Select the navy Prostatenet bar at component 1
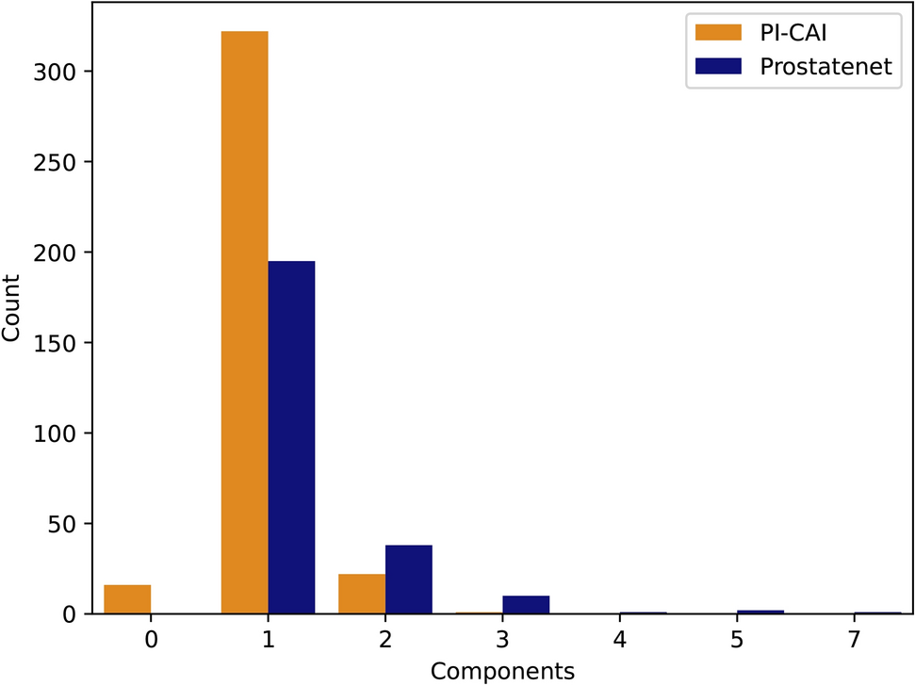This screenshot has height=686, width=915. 291,437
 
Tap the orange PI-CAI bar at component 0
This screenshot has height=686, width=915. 127,599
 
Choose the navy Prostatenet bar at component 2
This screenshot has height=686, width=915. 409,580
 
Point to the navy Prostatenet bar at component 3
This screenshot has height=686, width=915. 526,604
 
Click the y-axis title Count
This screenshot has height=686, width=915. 14,309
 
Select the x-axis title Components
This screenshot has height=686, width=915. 502,671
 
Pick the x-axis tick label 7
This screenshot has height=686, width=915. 854,640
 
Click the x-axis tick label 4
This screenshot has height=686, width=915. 620,640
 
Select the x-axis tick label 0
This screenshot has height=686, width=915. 151,640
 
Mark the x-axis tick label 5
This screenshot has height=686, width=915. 737,640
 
